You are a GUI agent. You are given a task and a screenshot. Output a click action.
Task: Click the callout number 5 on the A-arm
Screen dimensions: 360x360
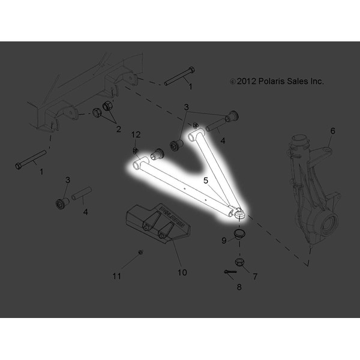point(205,179)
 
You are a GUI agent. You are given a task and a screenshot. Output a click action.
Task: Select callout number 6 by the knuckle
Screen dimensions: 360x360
point(333,131)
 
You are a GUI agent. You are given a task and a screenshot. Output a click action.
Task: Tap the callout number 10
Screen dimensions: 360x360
point(182,272)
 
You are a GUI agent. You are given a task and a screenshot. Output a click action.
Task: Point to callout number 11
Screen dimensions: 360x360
point(117,276)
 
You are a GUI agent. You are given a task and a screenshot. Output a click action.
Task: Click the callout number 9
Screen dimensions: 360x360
point(223,241)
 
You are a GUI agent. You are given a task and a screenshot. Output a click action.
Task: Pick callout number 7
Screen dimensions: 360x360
point(255,277)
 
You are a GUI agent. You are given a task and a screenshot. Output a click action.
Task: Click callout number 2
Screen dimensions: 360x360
point(118,128)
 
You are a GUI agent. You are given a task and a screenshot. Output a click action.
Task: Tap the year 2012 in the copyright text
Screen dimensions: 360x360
point(247,81)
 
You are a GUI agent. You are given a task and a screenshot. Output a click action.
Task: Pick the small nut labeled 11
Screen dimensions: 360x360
point(139,252)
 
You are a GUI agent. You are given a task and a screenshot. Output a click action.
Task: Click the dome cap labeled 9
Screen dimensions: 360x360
point(239,233)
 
